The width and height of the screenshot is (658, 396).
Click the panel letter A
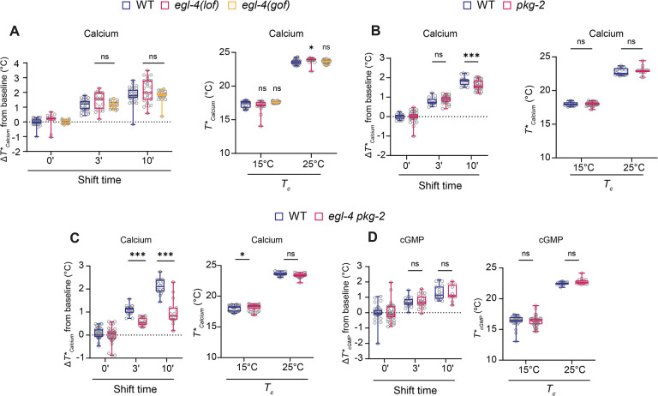pos(14,31)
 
